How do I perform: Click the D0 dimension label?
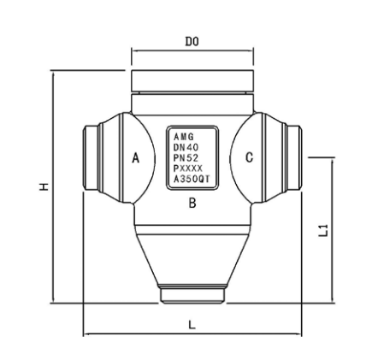point(192,40)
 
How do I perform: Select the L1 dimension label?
point(322,229)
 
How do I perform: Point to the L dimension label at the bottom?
point(192,324)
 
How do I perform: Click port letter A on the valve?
point(134,158)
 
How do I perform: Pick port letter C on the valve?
point(249,158)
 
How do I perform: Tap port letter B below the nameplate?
point(192,204)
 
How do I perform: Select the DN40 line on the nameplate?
point(186,147)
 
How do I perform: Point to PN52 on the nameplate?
point(186,158)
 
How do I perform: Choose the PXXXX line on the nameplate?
point(188,169)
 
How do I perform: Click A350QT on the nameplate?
point(191,180)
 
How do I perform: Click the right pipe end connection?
point(293,158)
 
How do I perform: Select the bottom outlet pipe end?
point(192,295)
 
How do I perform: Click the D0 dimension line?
point(192,50)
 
